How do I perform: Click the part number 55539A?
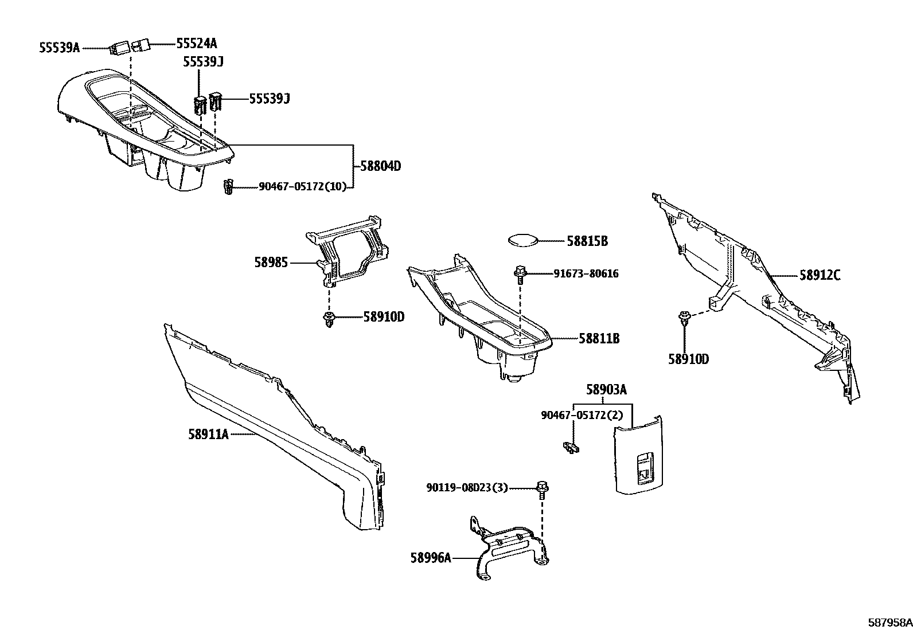click(x=59, y=48)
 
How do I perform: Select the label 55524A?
click(x=197, y=44)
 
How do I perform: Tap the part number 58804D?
click(x=380, y=167)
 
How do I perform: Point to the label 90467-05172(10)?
click(x=303, y=186)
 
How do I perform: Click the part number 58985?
click(x=271, y=263)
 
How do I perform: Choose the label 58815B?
click(x=587, y=241)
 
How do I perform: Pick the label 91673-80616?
click(x=586, y=274)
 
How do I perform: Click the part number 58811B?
click(x=599, y=338)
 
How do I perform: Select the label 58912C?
click(x=820, y=276)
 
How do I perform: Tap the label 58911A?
click(x=208, y=435)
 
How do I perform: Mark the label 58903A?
click(x=606, y=390)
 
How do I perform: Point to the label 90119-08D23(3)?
click(x=467, y=488)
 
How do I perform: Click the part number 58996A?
click(x=431, y=557)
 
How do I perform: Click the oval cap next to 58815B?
click(x=524, y=241)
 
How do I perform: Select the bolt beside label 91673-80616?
click(x=520, y=274)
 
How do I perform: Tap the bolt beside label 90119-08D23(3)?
click(x=541, y=489)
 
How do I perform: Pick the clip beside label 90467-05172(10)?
click(x=228, y=187)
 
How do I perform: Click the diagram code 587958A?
click(x=889, y=622)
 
